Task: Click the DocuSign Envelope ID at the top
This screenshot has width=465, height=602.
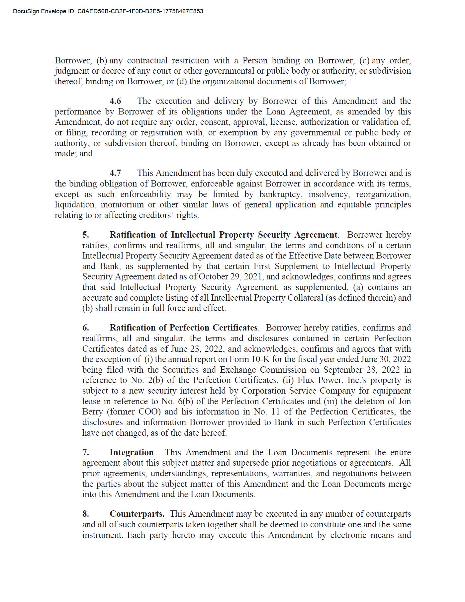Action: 108,11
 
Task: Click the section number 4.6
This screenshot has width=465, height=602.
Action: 115,101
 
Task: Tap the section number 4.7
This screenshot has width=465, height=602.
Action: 115,173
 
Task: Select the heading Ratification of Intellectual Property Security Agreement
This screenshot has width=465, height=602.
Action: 223,235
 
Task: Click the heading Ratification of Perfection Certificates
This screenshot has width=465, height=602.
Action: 183,328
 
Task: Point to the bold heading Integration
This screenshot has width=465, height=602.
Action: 132,452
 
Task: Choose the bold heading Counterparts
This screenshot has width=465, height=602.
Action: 137,514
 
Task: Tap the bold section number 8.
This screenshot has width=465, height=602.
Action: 86,514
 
